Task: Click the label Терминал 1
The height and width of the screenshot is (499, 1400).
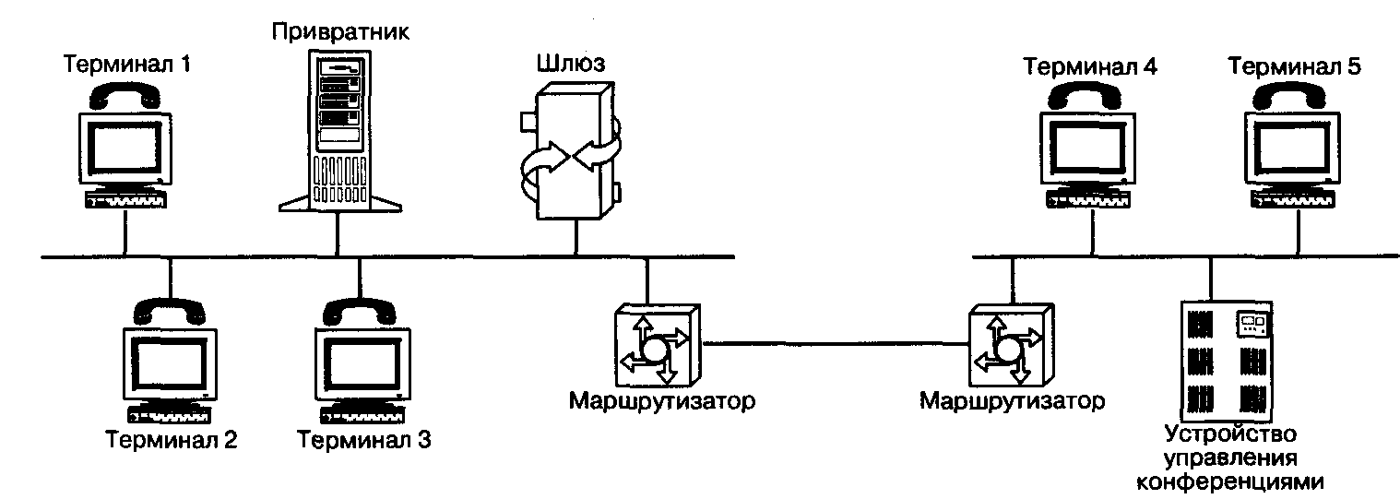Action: click(x=127, y=65)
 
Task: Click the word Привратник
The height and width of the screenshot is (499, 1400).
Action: click(x=341, y=32)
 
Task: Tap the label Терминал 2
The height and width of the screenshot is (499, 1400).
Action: click(x=172, y=440)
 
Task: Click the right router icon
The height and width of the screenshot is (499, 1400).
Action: click(x=1007, y=346)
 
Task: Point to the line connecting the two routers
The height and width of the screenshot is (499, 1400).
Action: click(x=830, y=344)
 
